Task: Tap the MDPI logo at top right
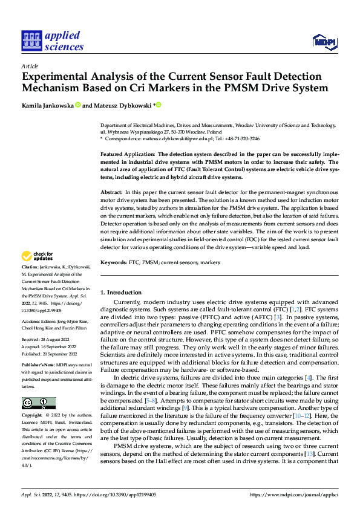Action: (323, 41)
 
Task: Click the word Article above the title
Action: (29, 65)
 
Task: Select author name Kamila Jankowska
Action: (48, 106)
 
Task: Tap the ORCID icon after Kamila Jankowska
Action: (78, 106)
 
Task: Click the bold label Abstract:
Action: (111, 191)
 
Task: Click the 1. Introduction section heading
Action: (121, 293)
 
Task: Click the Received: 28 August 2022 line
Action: (46, 339)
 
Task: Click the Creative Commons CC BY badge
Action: (38, 403)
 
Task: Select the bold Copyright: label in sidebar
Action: (32, 416)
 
